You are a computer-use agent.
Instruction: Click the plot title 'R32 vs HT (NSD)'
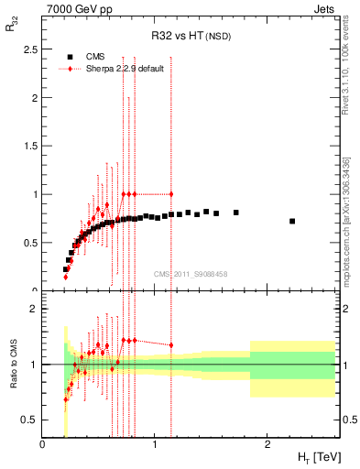[191, 38]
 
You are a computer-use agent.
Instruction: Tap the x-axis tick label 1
[155, 444]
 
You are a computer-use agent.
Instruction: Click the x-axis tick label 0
[42, 444]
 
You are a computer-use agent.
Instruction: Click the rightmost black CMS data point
[292, 221]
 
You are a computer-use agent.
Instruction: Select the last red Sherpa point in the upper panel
[171, 194]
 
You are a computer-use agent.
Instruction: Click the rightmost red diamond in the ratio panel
[171, 345]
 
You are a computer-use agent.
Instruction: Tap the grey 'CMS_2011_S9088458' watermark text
[191, 273]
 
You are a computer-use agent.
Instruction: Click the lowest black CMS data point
[65, 269]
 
